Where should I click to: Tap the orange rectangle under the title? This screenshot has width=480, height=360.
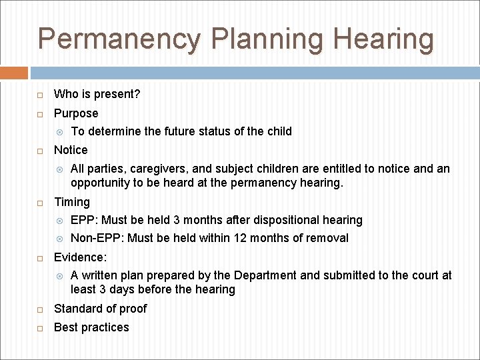pos(14,73)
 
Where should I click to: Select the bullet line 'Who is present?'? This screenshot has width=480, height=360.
pos(97,94)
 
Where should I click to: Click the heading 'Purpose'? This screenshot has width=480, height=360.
pos(76,113)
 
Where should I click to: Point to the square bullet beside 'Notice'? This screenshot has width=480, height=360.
pos(40,150)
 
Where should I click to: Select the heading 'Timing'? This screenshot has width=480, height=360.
pos(71,202)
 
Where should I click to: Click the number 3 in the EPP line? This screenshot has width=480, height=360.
pos(177,220)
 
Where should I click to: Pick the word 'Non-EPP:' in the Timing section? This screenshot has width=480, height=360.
pos(97,238)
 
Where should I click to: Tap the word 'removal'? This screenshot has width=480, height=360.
pos(327,238)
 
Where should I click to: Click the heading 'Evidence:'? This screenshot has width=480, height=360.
pos(80,257)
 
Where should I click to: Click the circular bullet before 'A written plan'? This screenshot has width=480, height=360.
pos(59,275)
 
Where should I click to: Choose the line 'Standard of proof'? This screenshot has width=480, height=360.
pos(100,309)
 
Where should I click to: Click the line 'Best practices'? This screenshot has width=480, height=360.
pos(91,327)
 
